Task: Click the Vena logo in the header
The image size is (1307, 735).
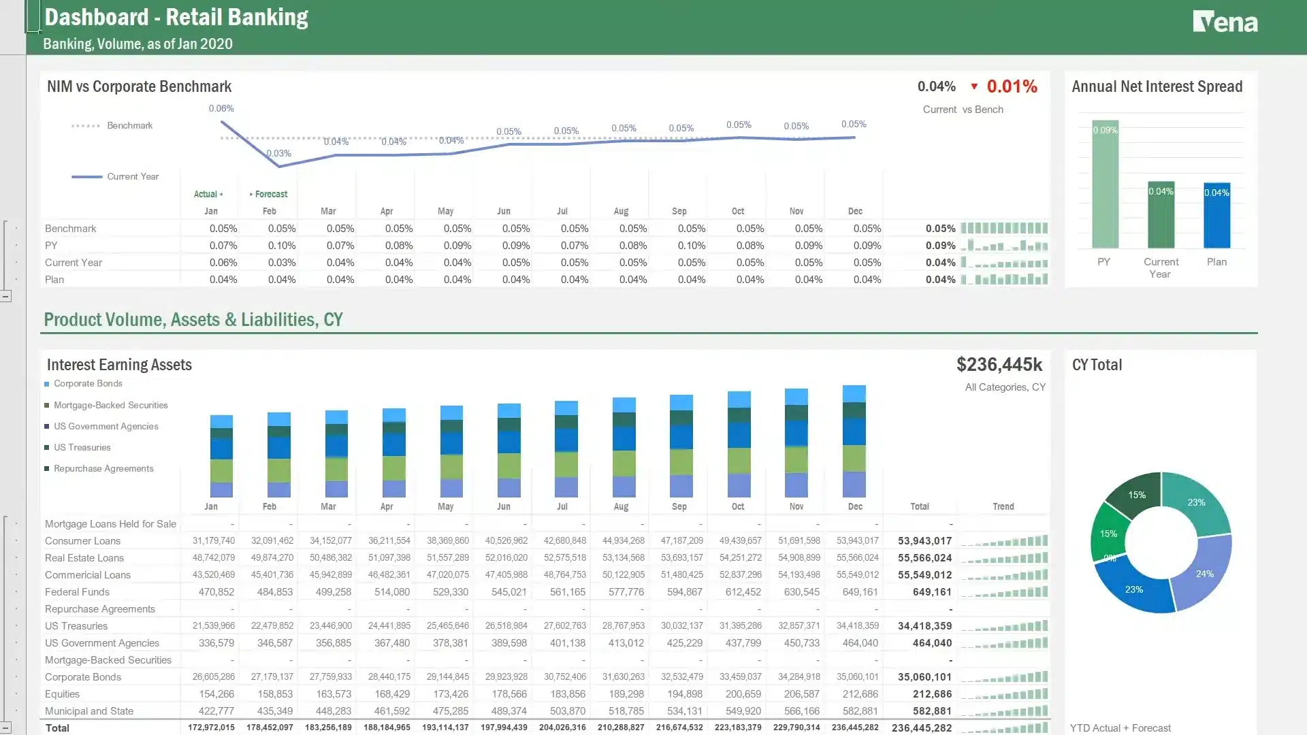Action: tap(1225, 22)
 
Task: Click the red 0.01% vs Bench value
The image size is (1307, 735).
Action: tap(1012, 86)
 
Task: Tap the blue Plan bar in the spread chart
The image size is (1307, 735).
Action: tap(1216, 215)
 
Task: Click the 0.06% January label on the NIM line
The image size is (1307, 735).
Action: tap(221, 108)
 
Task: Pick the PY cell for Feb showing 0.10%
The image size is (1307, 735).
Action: tap(281, 246)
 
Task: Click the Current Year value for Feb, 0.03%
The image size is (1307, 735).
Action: tap(281, 263)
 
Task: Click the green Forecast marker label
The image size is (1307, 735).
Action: tap(270, 194)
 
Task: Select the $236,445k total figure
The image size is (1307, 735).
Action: tap(999, 365)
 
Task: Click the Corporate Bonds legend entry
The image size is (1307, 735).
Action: tap(88, 384)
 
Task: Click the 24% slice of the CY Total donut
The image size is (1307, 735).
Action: tap(1204, 573)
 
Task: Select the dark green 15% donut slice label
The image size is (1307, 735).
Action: tap(1136, 495)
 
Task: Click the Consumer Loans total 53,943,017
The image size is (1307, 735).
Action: tap(924, 541)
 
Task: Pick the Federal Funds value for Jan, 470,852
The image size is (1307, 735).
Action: tap(216, 592)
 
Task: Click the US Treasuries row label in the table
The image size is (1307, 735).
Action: tap(76, 626)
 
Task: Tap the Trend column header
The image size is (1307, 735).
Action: tap(1003, 506)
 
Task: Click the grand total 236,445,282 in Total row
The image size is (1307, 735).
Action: tap(921, 728)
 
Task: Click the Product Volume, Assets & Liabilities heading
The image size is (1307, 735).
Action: tap(193, 319)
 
